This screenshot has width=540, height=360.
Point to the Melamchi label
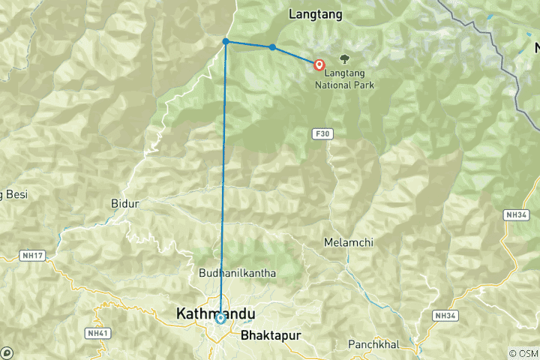(348, 242)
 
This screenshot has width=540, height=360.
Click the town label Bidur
(124, 203)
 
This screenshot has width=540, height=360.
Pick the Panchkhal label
(373, 344)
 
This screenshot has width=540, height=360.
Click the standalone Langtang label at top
(315, 14)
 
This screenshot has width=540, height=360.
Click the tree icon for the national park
(344, 58)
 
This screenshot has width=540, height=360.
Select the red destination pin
(319, 65)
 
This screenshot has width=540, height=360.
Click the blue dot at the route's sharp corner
(226, 42)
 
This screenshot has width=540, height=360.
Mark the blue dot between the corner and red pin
(272, 47)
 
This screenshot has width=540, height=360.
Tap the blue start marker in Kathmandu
(220, 318)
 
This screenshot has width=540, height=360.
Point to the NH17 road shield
(35, 256)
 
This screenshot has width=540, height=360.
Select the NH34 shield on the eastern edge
(515, 214)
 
